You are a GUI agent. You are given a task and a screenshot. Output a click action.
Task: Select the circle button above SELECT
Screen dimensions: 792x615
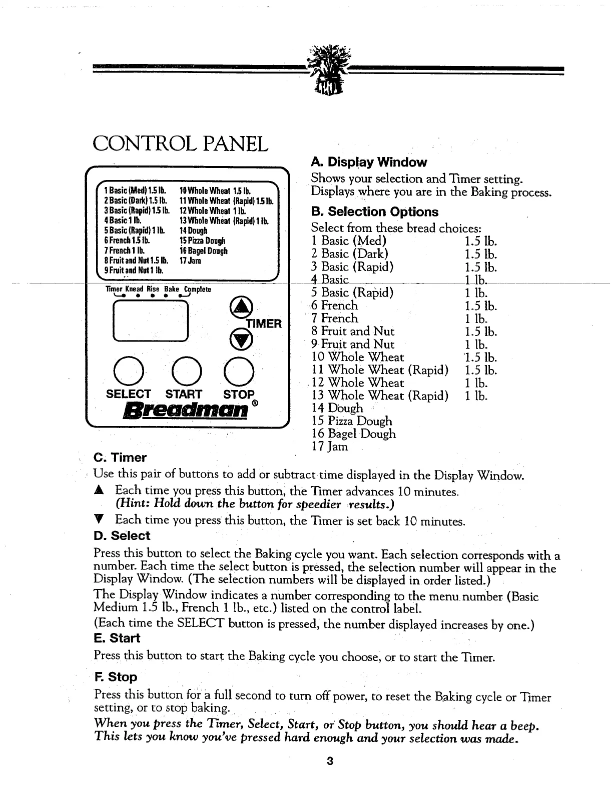tap(129, 371)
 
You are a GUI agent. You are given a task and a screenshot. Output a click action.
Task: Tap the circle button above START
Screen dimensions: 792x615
tap(185, 371)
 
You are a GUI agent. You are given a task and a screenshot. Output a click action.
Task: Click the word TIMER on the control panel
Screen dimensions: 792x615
tap(264, 323)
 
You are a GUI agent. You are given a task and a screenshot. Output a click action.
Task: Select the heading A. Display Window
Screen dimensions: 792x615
tap(369, 162)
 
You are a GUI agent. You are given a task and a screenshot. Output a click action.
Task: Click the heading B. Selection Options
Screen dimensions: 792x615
tap(374, 211)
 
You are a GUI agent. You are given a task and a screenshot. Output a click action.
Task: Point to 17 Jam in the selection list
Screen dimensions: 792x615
tap(329, 446)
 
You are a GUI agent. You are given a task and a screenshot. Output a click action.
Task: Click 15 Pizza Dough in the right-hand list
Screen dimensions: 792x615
tap(352, 421)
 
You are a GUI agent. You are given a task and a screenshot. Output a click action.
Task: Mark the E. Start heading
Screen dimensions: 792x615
tap(117, 638)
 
